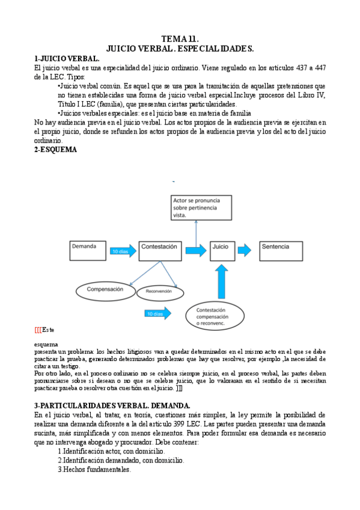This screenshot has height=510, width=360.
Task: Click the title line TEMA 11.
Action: point(180,39)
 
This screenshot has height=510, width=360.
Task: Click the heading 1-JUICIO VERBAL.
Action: point(67,58)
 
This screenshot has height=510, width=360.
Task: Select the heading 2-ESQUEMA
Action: point(56,150)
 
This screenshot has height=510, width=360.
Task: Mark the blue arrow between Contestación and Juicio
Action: point(196,250)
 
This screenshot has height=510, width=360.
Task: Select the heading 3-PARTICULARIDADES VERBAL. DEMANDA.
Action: point(112,406)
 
